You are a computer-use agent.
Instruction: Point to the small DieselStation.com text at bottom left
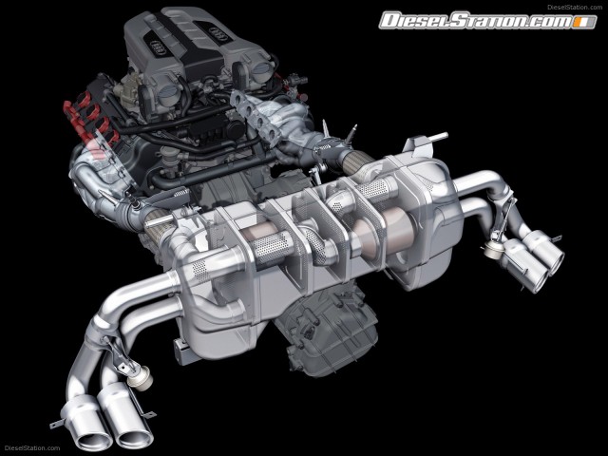pos(31,448)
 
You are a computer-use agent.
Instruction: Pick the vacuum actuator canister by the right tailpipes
pos(493,249)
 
